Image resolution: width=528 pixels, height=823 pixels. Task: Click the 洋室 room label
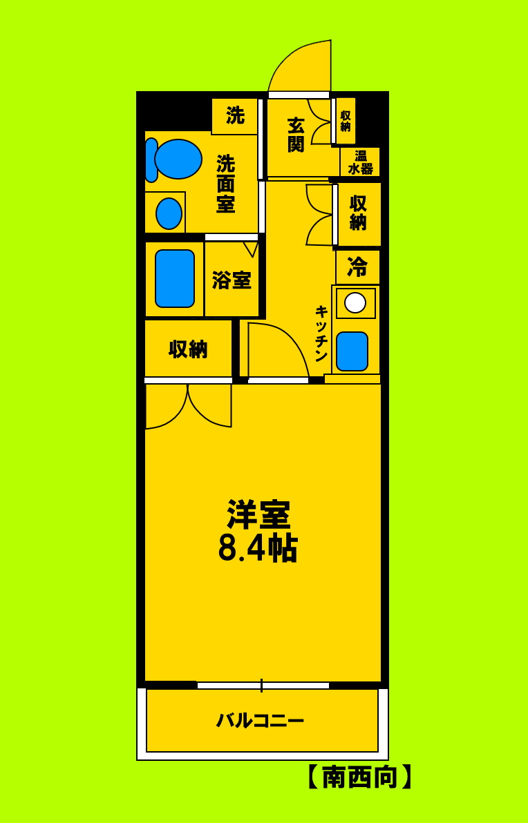coord(258,514)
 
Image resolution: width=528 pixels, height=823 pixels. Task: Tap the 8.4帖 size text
coord(257,549)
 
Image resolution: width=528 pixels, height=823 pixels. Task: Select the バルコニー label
coord(260,721)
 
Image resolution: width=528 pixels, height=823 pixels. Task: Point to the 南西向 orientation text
coord(360,777)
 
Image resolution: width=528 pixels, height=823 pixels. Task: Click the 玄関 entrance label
coord(296,135)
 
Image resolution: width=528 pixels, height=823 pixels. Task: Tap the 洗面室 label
coord(225,184)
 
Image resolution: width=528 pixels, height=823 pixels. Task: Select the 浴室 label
coord(232,280)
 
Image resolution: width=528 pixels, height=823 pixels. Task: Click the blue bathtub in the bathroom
coord(174,278)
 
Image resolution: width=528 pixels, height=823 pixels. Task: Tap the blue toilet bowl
coord(178,159)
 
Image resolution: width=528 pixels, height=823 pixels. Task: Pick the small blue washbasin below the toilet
coord(169,213)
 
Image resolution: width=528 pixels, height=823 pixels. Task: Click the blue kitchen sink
coord(352,351)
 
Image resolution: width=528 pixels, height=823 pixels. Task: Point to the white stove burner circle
coord(355,302)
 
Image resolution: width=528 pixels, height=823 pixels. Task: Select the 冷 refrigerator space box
coord(357,266)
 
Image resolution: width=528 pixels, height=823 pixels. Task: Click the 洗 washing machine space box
coord(235,116)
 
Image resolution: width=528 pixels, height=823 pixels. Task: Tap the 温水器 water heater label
coord(360,162)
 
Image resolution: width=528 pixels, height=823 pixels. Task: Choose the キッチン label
coord(321,333)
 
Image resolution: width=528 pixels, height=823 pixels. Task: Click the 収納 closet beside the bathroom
coord(188,349)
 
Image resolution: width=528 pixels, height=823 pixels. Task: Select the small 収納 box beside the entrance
coord(345,121)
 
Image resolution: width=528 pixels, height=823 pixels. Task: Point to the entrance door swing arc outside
coord(304,66)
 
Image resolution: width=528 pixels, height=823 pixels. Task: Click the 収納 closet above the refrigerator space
coord(358,213)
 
